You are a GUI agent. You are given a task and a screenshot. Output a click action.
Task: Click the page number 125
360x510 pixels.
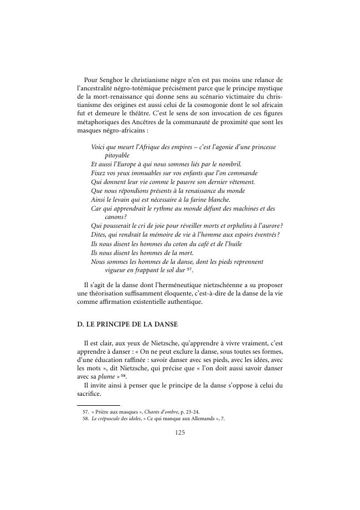[x=179, y=433]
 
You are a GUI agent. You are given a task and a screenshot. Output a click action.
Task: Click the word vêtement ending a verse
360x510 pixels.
[x=239, y=182]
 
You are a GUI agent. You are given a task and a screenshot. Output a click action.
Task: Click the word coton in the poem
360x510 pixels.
[x=176, y=243]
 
